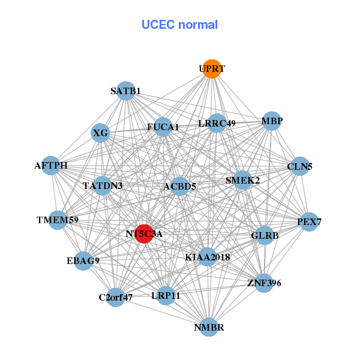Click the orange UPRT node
[x=211, y=69]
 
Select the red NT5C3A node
[x=143, y=233]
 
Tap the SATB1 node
[x=125, y=91]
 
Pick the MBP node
[x=272, y=121]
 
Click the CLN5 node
[x=299, y=167]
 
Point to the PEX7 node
[x=309, y=222]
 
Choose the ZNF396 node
[x=264, y=283]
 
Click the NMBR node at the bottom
[x=209, y=327]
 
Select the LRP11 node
[x=166, y=295]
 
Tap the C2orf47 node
[x=116, y=297]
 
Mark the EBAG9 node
[x=83, y=260]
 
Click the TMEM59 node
[x=58, y=220]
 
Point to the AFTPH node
[x=51, y=166]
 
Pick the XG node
[x=101, y=133]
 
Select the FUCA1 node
[x=163, y=127]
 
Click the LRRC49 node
[x=217, y=124]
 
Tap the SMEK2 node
[x=242, y=180]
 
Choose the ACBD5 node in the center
[x=180, y=187]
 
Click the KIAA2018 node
[x=208, y=257]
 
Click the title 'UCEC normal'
[x=179, y=25]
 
